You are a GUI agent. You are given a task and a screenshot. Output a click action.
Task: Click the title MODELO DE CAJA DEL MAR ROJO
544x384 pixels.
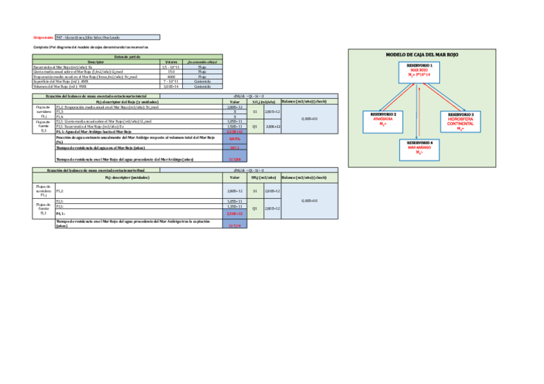(x=422, y=55)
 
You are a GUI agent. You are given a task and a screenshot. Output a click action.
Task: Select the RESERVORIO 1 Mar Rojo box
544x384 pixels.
(x=421, y=72)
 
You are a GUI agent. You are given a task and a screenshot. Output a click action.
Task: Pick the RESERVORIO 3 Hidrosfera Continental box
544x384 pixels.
(x=461, y=121)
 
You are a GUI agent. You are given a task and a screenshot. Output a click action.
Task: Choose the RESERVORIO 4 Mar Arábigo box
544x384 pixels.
(x=420, y=147)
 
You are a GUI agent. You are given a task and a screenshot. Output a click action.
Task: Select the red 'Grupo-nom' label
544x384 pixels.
(x=44, y=38)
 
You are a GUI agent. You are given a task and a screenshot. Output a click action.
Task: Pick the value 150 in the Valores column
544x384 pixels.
(x=171, y=71)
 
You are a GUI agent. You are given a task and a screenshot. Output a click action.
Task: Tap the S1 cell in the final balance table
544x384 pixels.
(x=255, y=191)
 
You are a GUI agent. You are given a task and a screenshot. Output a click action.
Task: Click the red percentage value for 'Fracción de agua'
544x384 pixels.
(x=234, y=138)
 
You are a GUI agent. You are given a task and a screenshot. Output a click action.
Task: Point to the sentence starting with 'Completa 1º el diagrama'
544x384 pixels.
(x=90, y=47)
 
